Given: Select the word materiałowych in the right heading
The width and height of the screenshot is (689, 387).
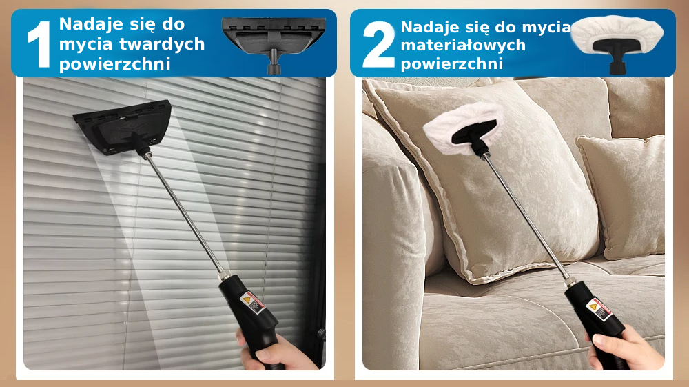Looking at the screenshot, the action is click(463, 45).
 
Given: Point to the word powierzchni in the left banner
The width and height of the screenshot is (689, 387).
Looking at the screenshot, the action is click(114, 64).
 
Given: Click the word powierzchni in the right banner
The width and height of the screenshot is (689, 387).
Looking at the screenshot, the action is click(452, 63).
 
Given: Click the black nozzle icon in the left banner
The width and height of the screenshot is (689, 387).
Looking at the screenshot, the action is click(274, 44).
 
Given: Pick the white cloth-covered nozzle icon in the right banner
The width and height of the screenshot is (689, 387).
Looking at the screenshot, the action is click(617, 44).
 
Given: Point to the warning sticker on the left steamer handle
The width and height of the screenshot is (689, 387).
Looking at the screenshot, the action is click(254, 303).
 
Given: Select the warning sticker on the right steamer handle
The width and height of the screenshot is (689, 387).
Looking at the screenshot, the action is click(599, 310).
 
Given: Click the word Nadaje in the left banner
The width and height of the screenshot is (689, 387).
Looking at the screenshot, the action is click(92, 25).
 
